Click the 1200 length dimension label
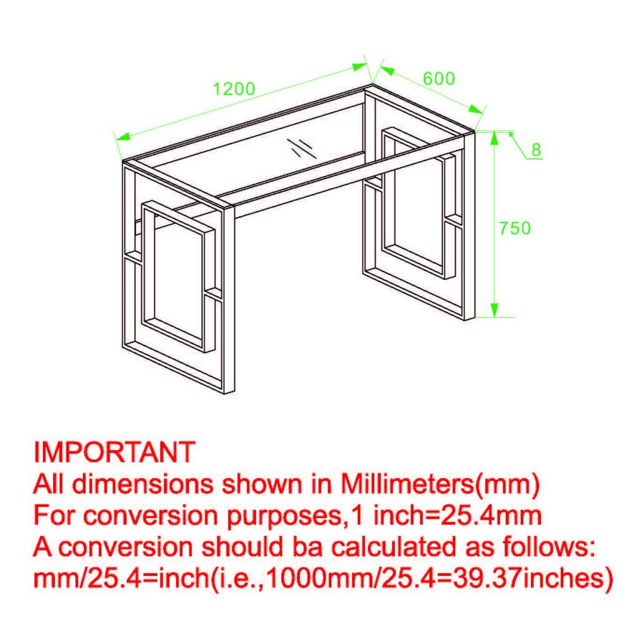[234, 89]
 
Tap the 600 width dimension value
[438, 79]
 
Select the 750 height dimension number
[514, 228]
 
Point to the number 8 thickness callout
[536, 150]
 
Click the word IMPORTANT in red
[114, 452]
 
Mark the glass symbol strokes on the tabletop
[303, 147]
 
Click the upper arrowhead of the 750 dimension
[494, 137]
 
